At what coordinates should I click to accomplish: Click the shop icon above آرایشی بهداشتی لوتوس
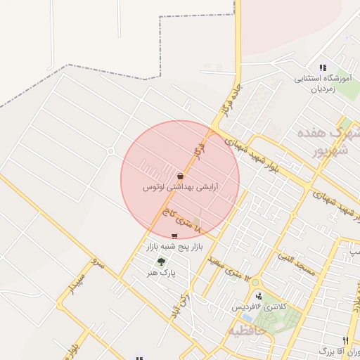coord(181,176)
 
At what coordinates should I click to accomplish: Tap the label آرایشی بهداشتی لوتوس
coord(180,188)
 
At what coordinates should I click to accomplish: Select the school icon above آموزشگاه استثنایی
coord(323,67)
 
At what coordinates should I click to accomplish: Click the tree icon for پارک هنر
coord(162,262)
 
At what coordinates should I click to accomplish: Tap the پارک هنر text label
coord(162,271)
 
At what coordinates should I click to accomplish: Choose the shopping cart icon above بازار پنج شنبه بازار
coord(174,236)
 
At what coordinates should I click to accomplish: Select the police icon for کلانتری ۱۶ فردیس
coord(259,297)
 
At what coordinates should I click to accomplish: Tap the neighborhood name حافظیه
coord(252,329)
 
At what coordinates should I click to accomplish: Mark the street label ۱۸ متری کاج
coord(181,221)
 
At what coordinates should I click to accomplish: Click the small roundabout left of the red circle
coord(110,151)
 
